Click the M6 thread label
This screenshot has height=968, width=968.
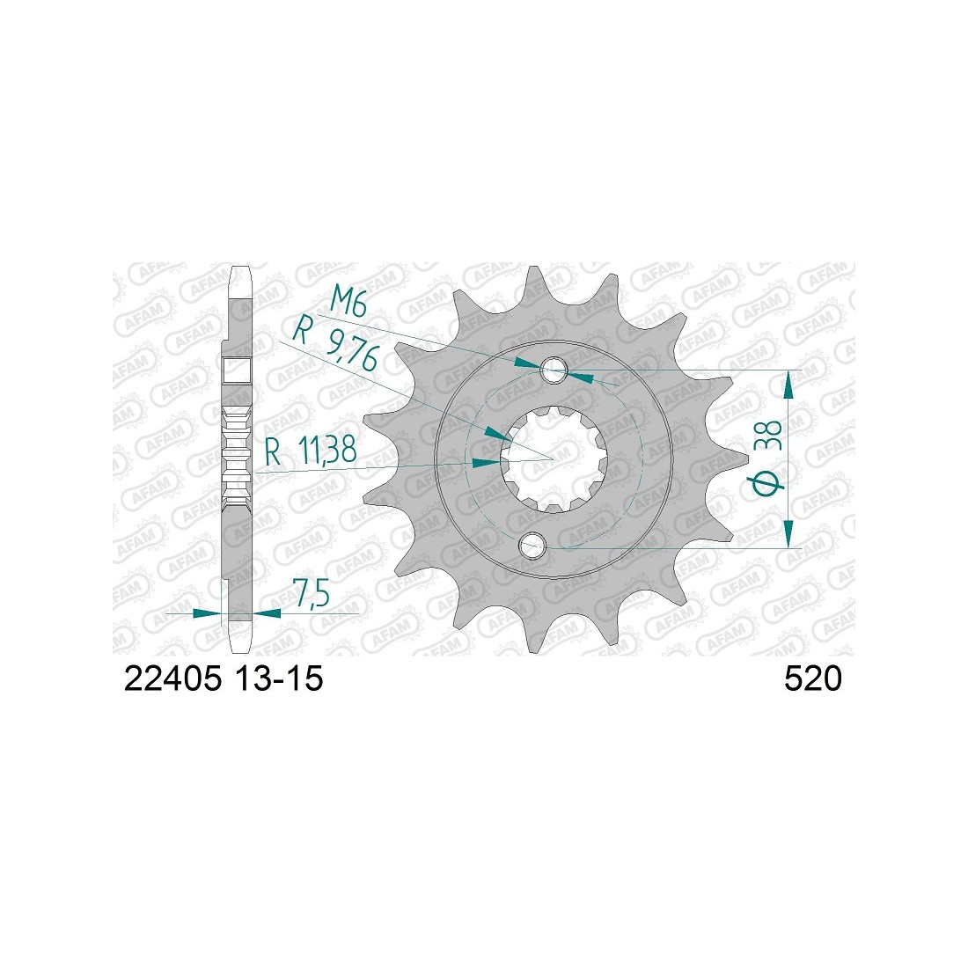(349, 303)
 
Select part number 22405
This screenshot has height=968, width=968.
(172, 679)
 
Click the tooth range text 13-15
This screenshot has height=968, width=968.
(278, 679)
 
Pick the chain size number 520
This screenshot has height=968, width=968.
(812, 679)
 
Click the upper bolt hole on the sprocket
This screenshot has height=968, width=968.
(554, 370)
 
